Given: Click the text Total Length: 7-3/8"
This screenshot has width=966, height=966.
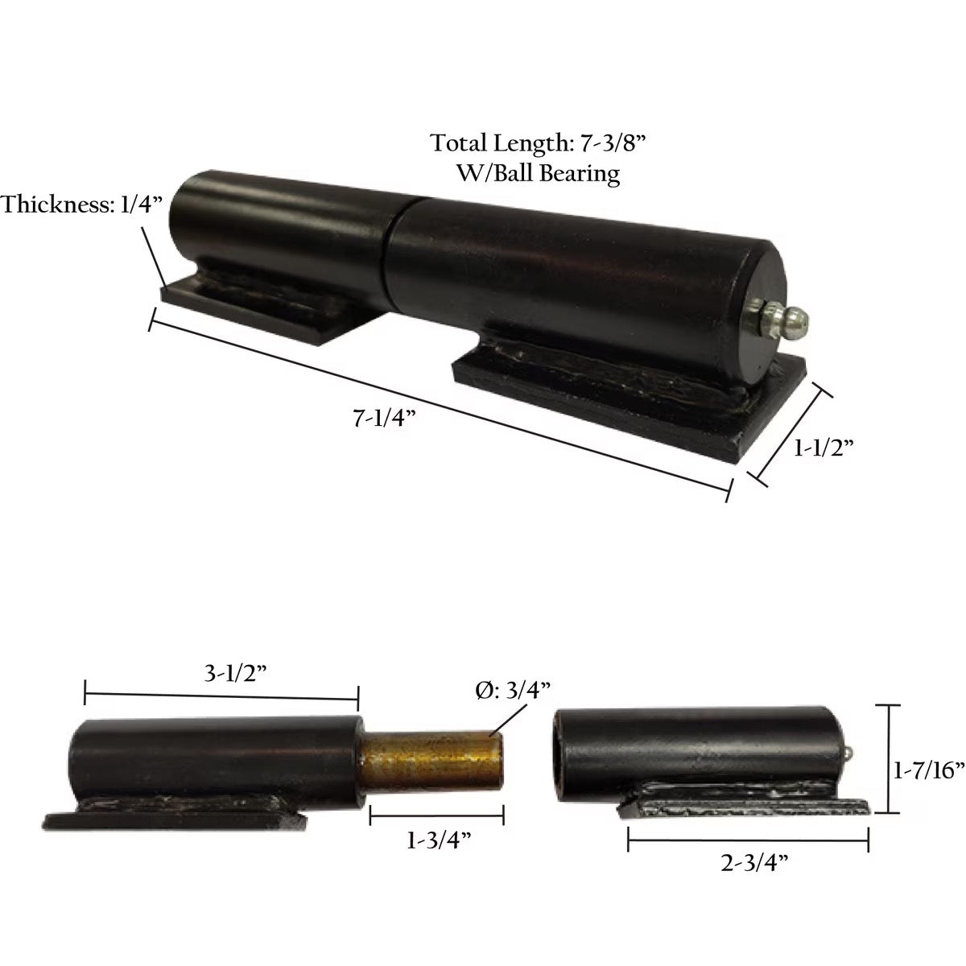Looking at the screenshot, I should [x=539, y=143].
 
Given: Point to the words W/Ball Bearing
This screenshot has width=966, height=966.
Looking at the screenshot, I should [x=539, y=172].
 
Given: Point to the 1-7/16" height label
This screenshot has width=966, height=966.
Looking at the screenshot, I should [x=929, y=770].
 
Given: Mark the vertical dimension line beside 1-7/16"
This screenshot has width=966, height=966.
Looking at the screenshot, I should [x=888, y=759].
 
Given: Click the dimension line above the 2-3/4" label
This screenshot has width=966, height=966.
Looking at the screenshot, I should [x=748, y=843].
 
